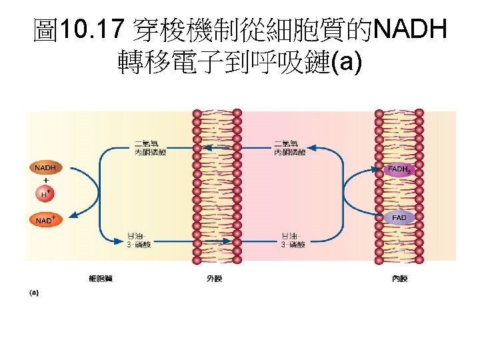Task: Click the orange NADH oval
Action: tap(45, 167)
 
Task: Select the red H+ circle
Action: tap(45, 194)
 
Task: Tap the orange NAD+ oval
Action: tap(45, 219)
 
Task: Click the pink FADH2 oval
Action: tap(399, 169)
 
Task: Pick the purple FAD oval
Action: tap(399, 218)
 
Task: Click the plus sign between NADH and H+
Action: tap(45, 180)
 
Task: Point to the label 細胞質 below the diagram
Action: tap(101, 278)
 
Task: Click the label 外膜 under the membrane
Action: tap(214, 278)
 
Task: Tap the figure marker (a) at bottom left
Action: tap(34, 292)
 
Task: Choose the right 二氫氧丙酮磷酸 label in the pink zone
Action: tap(290, 148)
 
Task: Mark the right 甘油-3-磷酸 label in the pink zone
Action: tap(293, 240)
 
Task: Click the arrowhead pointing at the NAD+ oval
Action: tap(72, 215)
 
